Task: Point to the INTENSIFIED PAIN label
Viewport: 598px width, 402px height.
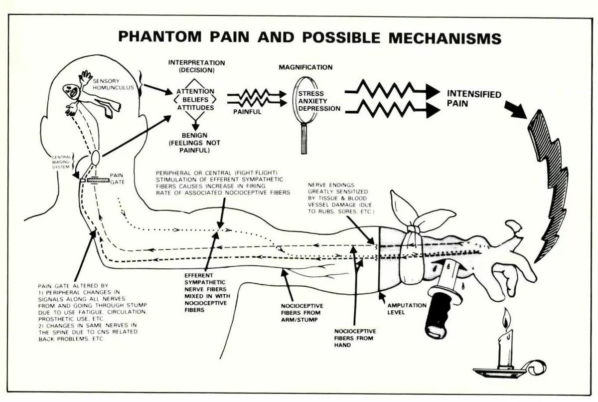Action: click(x=473, y=98)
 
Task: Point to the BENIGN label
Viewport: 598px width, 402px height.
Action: click(x=195, y=135)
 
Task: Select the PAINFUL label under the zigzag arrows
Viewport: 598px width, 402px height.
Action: click(x=247, y=112)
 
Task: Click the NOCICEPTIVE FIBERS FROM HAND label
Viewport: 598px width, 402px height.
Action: click(x=355, y=337)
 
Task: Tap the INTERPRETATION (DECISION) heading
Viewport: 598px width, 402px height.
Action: click(x=196, y=66)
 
